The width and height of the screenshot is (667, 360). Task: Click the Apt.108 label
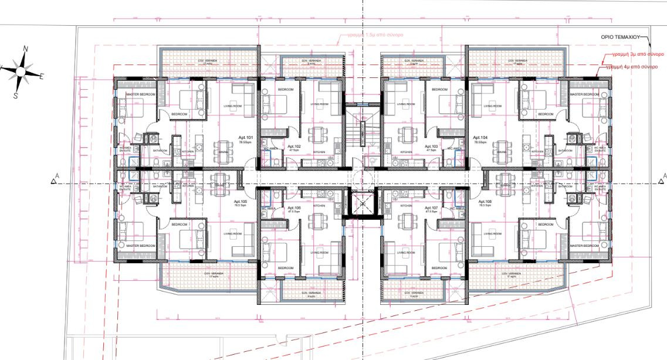point(485,201)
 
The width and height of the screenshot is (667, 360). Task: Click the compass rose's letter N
point(25,49)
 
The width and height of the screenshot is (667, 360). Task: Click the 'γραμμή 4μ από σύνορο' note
point(637,66)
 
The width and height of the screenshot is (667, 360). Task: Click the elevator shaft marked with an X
point(363,204)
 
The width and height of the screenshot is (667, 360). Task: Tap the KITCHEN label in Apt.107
point(406,206)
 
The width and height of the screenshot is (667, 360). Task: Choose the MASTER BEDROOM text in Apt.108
point(583,245)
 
